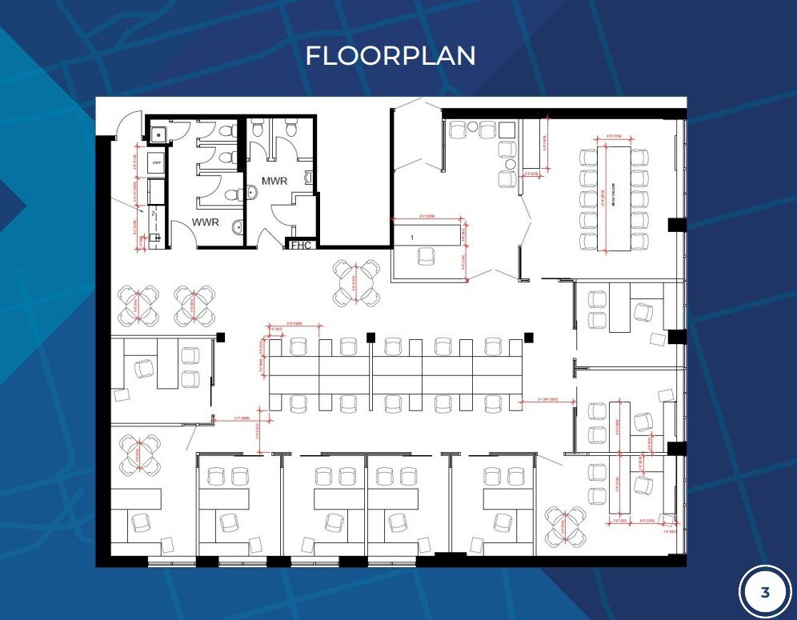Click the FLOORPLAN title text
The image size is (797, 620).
[390, 55]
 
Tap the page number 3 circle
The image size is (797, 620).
[764, 593]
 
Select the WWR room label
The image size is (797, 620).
[205, 222]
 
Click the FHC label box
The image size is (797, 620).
[301, 245]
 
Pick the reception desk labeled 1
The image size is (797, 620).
[427, 234]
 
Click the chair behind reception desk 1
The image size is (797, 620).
[427, 256]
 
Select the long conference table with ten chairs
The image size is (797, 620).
[614, 197]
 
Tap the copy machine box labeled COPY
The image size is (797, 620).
[157, 162]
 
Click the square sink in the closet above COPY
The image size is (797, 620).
[158, 134]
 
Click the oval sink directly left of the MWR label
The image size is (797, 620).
[252, 191]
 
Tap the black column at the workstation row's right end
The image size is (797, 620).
[528, 336]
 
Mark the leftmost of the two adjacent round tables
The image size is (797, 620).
[139, 305]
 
